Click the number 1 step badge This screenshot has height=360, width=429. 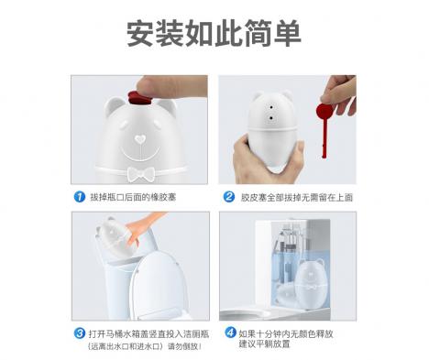click(x=80, y=197)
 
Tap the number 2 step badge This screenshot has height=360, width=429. click(x=229, y=197)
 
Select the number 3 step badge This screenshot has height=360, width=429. click(x=80, y=333)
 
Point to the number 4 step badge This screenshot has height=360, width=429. click(x=230, y=333)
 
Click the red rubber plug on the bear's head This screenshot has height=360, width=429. click(x=140, y=98)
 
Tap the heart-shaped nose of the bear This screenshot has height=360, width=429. click(x=140, y=139)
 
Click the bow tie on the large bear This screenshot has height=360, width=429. click(x=140, y=174)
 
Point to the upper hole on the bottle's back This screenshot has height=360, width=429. click(x=270, y=107)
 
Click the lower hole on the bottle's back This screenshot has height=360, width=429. click(x=270, y=117)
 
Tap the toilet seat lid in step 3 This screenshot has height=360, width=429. click(x=156, y=284)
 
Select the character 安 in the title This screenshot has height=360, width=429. click(x=140, y=33)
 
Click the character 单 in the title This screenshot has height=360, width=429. click(x=288, y=33)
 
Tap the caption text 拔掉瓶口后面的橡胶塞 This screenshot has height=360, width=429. click(x=133, y=197)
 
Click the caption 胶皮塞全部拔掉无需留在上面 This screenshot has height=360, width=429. click(x=297, y=197)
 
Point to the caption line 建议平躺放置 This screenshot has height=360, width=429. click(x=264, y=344)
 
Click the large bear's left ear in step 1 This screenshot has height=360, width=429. click(x=113, y=105)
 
